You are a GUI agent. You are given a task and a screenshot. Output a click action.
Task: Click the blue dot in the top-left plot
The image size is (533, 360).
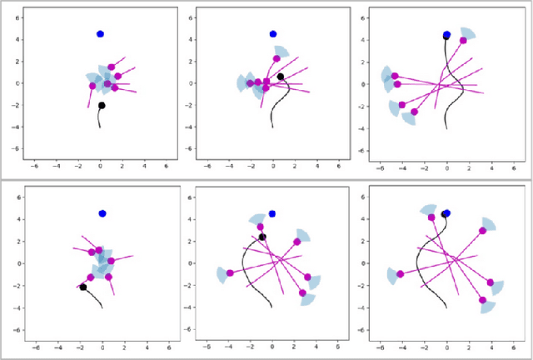click(101, 34)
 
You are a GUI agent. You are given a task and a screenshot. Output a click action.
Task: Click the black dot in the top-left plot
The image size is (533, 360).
click(102, 106)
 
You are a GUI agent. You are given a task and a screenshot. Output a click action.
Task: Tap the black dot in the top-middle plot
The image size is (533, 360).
click(281, 77)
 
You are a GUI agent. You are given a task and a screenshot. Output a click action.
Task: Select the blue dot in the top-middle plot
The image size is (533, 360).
click(273, 34)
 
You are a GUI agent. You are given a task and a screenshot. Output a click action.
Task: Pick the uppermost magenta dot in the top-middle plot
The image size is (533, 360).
click(276, 58)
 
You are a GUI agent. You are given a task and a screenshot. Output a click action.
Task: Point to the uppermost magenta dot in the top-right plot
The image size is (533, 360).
click(463, 40)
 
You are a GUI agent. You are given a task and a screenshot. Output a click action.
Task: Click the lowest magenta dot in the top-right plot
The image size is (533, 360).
click(414, 112)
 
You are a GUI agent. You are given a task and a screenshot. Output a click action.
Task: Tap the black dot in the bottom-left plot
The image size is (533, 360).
click(83, 287)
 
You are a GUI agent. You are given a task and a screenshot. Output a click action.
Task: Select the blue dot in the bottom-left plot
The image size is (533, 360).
click(102, 213)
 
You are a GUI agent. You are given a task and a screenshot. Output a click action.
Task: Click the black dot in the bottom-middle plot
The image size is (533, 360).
click(262, 237)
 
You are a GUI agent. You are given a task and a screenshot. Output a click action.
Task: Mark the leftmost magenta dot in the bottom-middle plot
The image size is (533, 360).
click(230, 272)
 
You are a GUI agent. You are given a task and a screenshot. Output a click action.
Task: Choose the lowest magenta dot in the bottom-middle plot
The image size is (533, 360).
click(302, 292)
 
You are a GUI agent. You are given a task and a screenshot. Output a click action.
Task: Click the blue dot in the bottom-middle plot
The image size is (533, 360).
click(272, 214)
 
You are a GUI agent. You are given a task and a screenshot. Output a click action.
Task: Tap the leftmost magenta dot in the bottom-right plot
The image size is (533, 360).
click(401, 273)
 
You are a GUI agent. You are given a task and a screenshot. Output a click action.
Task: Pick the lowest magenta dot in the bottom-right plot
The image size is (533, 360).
click(482, 299)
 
